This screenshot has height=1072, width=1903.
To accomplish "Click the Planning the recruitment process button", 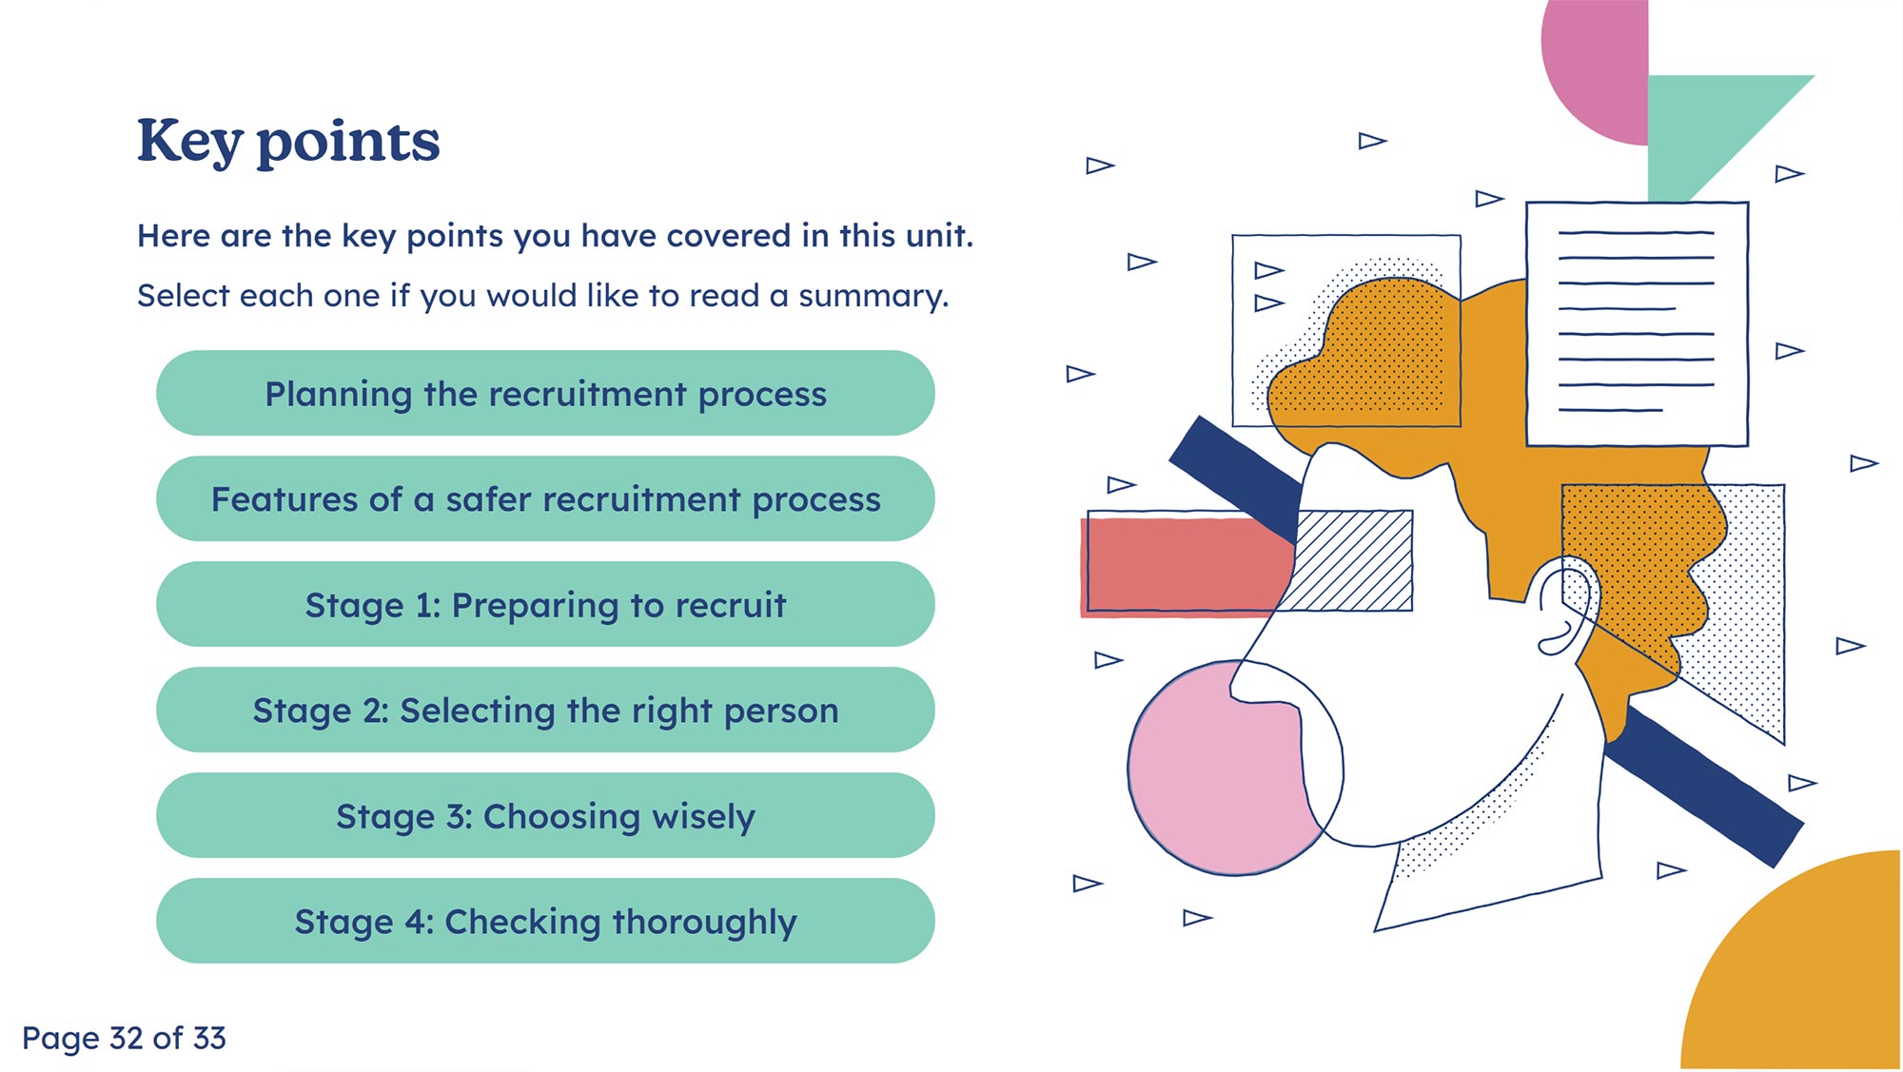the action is [x=545, y=394].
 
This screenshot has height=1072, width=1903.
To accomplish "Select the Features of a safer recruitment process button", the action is [x=545, y=499].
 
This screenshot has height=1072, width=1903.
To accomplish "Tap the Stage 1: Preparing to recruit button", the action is [x=545, y=605].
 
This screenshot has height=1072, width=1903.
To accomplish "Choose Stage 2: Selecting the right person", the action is [x=545, y=711].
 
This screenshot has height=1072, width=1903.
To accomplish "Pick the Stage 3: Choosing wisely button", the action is [x=545, y=816].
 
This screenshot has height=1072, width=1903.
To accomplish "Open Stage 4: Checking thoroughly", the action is [x=545, y=922].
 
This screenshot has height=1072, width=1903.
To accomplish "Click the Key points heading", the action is [x=288, y=141].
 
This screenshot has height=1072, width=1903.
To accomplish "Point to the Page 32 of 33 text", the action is [x=124, y=1038].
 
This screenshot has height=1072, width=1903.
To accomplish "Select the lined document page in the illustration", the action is [x=1637, y=323].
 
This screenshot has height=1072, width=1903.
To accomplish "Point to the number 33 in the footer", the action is [x=208, y=1038].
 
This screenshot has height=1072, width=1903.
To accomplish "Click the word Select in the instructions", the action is [x=184, y=296].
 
